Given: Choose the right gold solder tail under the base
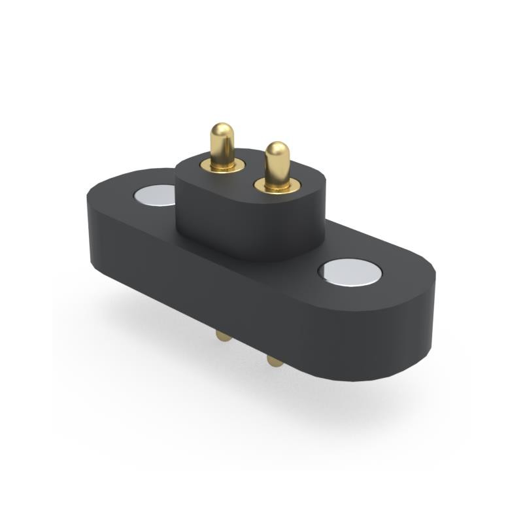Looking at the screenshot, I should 275,360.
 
